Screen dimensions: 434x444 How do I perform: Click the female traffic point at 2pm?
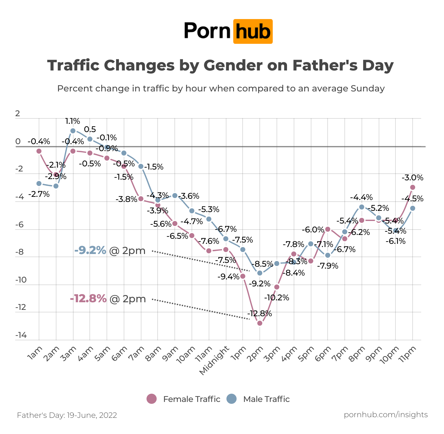tap(260, 323)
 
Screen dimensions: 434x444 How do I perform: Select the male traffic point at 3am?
tap(73, 130)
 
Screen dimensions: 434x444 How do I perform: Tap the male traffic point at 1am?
tap(39, 184)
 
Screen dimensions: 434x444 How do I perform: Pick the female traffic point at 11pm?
tap(413, 187)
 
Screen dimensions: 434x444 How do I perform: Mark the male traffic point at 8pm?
tap(362, 207)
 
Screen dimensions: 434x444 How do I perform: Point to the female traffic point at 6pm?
tap(328, 229)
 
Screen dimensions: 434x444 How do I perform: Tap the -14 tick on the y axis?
tap(21, 335)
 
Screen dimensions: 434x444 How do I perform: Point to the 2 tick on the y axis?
tap(17, 114)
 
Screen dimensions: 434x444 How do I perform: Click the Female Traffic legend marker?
tap(152, 399)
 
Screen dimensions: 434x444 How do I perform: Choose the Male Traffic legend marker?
tap(232, 399)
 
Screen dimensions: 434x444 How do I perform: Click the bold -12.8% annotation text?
tap(88, 299)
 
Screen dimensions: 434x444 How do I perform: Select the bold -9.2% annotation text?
tap(90, 250)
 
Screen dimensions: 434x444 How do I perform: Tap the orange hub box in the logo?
tap(253, 31)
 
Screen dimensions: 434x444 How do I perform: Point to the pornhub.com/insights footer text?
tap(386, 415)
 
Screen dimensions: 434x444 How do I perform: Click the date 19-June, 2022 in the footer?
tap(92, 415)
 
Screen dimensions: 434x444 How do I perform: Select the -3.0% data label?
tap(413, 178)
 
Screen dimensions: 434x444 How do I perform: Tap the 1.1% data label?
tap(73, 121)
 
